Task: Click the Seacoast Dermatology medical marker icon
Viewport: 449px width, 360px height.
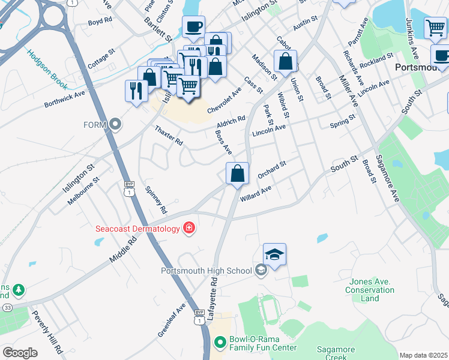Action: (x=189, y=228)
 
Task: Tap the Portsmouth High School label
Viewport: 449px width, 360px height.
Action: (x=206, y=271)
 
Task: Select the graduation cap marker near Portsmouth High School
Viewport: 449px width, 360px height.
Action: (x=274, y=255)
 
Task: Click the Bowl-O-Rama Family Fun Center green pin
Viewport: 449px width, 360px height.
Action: (x=220, y=343)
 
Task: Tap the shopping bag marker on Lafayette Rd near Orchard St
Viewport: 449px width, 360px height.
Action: (x=238, y=173)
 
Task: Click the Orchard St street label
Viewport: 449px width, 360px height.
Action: (x=272, y=169)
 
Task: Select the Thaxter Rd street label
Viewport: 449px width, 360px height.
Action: (x=168, y=136)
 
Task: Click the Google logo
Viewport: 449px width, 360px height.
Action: (x=20, y=353)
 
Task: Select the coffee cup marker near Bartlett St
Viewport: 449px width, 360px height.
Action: (x=194, y=26)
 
